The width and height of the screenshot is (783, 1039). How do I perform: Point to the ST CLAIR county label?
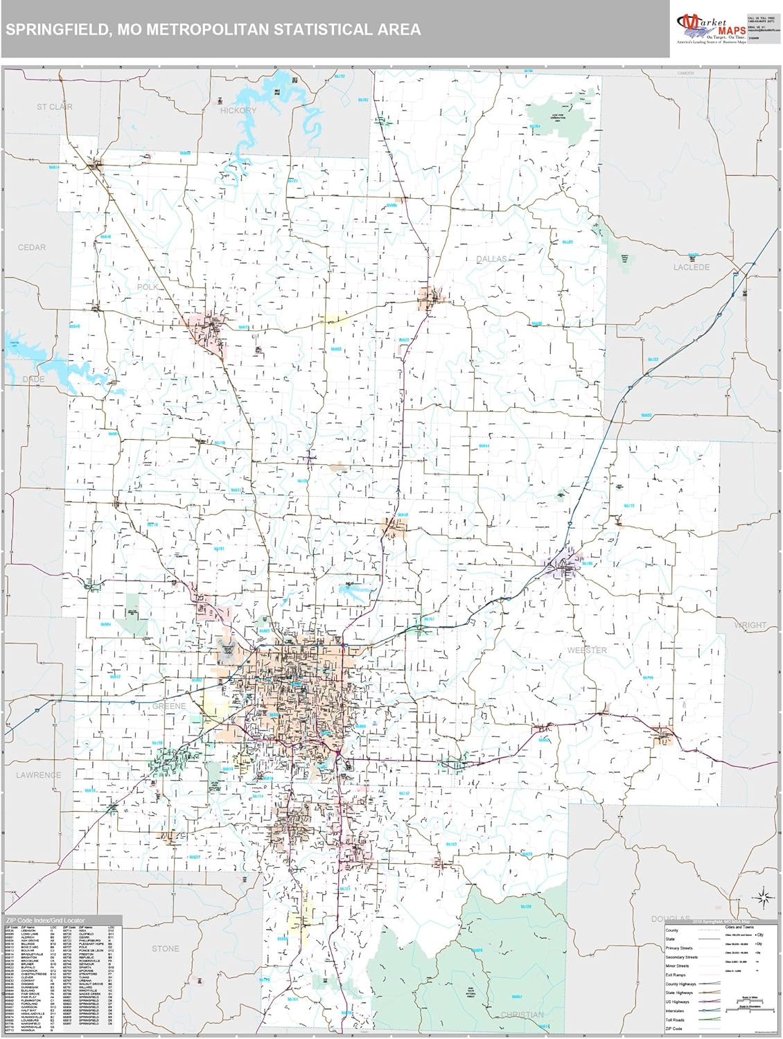tap(55, 107)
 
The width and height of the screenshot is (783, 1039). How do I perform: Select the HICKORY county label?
tap(238, 110)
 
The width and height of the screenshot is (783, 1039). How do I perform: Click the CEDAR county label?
tap(32, 247)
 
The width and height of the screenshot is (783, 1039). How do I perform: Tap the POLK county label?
tap(148, 287)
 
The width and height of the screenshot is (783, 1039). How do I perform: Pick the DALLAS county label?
tap(491, 259)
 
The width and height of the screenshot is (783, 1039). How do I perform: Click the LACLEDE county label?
tap(691, 267)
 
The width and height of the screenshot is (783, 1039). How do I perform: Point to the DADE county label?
tap(33, 380)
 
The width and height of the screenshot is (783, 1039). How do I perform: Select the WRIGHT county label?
tap(750, 625)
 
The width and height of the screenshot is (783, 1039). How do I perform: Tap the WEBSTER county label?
tap(586, 650)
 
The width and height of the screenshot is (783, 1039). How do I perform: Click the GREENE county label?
tap(168, 706)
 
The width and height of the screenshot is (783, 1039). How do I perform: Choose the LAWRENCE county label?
tap(38, 775)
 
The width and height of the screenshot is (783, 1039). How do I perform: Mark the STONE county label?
tap(165, 949)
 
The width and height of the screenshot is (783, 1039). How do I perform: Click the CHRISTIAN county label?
tap(521, 1015)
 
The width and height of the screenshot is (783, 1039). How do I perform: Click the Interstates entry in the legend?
tap(675, 1011)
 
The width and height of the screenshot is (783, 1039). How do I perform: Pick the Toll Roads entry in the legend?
tap(675, 1020)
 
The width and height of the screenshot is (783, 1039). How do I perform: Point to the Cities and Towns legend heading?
tap(739, 927)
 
